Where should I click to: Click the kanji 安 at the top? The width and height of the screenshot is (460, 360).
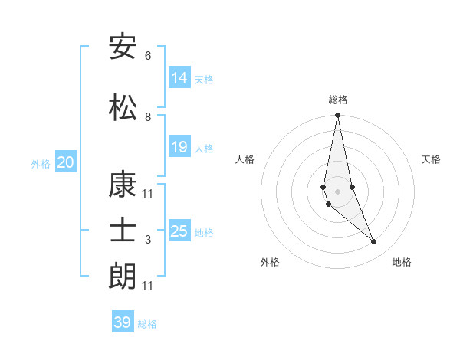point(123,47)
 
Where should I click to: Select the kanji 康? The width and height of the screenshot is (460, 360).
point(123,185)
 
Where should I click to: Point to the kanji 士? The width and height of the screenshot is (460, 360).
point(123,231)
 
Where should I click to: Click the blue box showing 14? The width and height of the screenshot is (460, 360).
point(179,78)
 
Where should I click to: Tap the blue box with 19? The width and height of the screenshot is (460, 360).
point(179,147)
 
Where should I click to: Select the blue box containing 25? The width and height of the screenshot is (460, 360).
point(179,231)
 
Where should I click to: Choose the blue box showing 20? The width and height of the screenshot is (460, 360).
point(66,162)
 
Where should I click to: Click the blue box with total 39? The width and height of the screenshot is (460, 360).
point(122,322)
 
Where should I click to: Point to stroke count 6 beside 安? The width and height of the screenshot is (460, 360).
point(148,56)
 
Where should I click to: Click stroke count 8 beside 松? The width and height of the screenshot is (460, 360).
point(148,117)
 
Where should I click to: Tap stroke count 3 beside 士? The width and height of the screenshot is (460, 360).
point(148,240)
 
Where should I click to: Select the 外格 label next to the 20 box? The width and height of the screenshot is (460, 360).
point(41,163)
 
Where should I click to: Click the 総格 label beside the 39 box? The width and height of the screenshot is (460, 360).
point(147,323)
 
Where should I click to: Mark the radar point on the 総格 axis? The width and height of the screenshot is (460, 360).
point(337,116)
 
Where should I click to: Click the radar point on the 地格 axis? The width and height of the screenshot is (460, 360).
point(374,242)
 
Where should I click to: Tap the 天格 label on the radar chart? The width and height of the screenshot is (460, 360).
point(432,159)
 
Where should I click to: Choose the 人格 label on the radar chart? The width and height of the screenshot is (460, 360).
point(245,159)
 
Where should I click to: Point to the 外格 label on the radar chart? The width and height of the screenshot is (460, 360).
point(270,262)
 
